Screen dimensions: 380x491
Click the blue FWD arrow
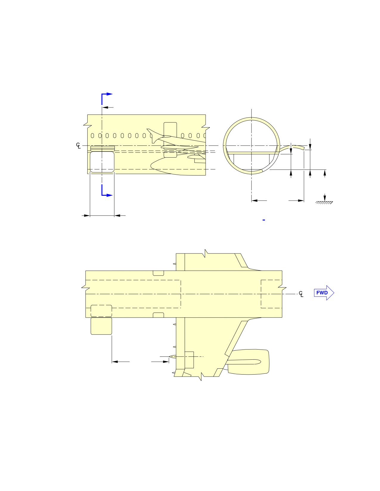point(324,293)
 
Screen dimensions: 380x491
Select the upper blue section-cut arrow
point(107,98)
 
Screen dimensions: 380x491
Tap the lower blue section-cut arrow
point(107,190)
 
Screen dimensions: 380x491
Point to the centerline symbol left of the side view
point(78,146)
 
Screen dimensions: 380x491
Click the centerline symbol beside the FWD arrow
point(301,294)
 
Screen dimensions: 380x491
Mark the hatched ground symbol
point(324,202)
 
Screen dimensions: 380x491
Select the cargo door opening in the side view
point(102,162)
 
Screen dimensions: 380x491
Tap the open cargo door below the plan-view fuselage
point(101,326)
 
